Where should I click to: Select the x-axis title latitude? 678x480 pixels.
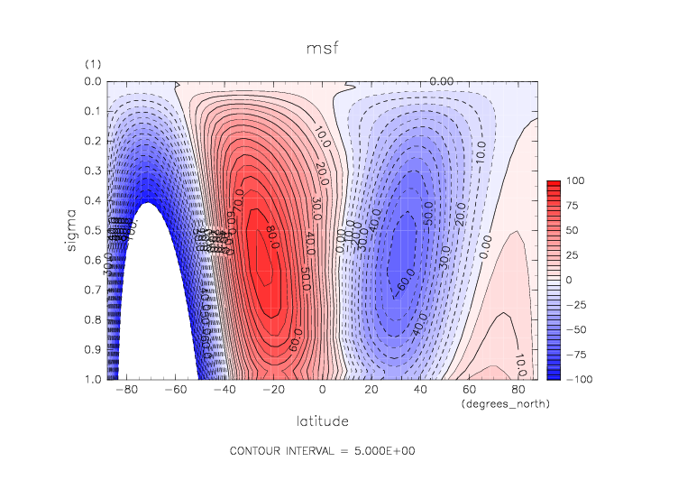323,421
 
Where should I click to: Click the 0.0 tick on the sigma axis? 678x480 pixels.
94,82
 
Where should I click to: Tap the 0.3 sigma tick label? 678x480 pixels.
94,171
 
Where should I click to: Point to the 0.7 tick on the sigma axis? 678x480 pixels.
94,291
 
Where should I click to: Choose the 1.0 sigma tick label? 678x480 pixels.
94,379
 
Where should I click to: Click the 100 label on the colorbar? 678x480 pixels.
575,181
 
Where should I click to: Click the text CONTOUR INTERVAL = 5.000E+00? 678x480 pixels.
323,451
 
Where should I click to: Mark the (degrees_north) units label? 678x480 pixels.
499,403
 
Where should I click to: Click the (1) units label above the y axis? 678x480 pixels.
92,64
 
